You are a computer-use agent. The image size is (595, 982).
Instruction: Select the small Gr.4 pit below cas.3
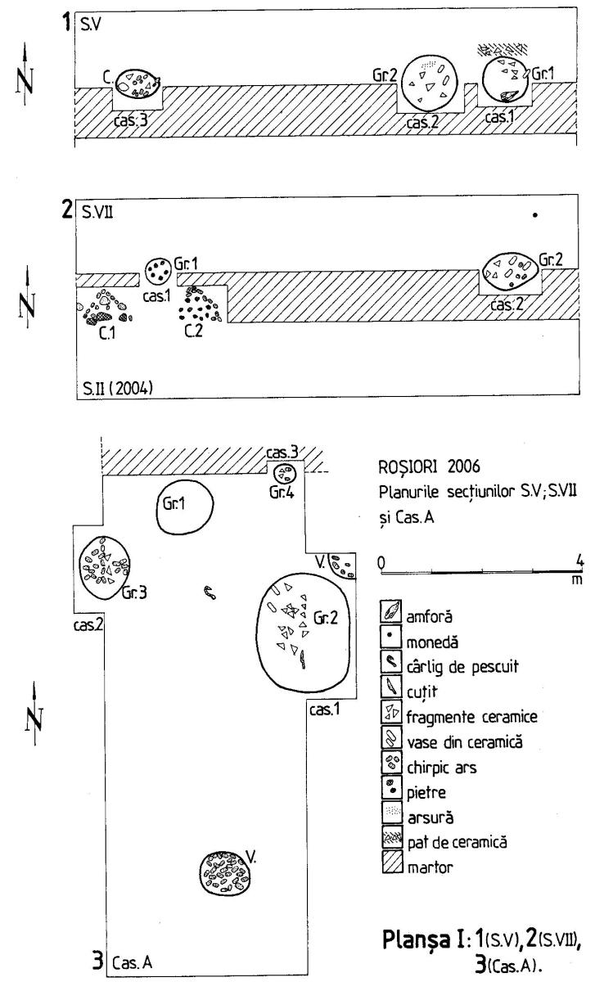point(286,473)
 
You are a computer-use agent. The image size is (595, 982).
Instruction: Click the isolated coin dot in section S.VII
point(535,216)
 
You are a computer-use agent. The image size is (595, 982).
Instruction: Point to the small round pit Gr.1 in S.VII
point(158,268)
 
